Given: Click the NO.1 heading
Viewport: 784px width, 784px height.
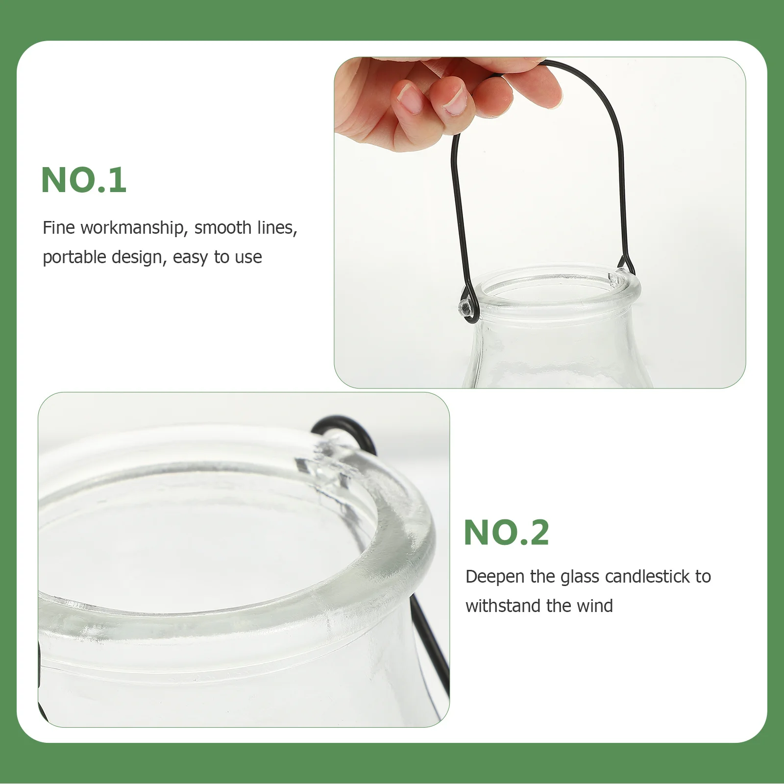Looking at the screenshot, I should pos(84,180).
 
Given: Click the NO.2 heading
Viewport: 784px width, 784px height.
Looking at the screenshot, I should pos(506,533).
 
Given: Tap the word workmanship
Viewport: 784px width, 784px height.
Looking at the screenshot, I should pos(132,228).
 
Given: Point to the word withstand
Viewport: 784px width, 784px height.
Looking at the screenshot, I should pos(503,606).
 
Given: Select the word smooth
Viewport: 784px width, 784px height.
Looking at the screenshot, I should pos(222,228).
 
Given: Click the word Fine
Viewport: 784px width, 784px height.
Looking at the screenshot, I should pos(59,228).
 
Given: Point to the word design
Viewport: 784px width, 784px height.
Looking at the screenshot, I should pos(139,257).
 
